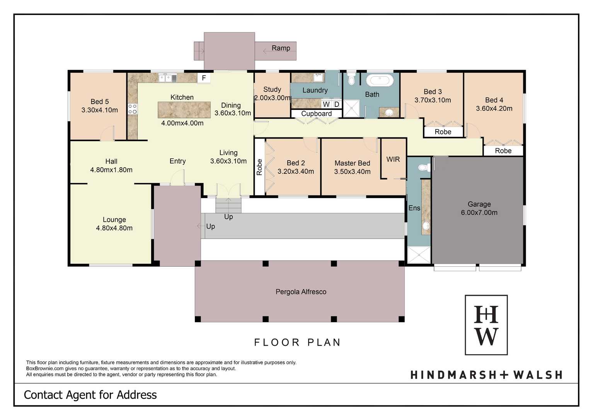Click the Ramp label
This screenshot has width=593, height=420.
(x=281, y=48)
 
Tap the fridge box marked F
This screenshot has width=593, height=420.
(x=204, y=78)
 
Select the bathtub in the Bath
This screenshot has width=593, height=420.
(x=379, y=81)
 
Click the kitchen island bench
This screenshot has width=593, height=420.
(x=184, y=110)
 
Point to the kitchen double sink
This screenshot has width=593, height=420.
(x=167, y=78)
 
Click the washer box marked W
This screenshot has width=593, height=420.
(x=326, y=104)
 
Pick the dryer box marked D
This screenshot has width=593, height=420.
(x=336, y=104)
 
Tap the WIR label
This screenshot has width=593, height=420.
(x=393, y=159)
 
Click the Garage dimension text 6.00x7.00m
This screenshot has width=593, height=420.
(x=479, y=213)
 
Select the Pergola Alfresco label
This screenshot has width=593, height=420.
(x=301, y=291)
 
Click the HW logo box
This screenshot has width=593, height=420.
(x=486, y=325)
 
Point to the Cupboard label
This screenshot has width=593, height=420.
(x=316, y=113)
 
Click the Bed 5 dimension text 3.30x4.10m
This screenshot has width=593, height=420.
(x=99, y=110)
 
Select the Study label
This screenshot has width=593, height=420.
(x=272, y=89)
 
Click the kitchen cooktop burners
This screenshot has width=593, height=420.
(x=132, y=109)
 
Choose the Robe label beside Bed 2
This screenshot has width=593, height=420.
(x=259, y=167)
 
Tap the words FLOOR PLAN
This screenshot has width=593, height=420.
(x=297, y=342)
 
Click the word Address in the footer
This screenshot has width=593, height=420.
(x=136, y=395)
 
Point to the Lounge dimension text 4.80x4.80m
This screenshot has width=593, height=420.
(x=114, y=228)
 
